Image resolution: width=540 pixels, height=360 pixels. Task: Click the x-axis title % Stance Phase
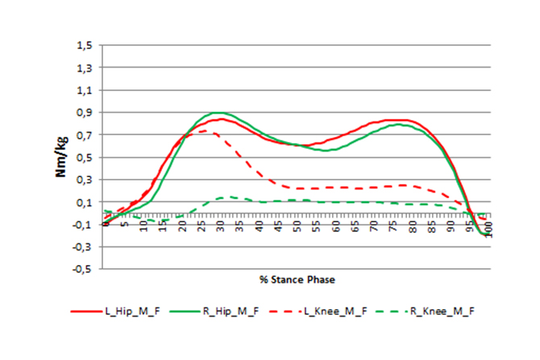point(297,279)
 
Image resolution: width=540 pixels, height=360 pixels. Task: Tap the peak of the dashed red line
point(204,130)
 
